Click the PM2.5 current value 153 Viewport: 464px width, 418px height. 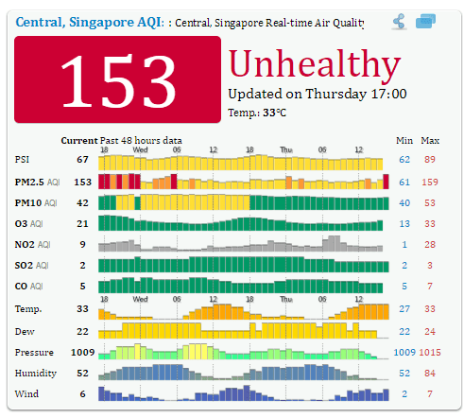[x=82, y=181]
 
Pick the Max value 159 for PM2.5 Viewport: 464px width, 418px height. [x=431, y=181]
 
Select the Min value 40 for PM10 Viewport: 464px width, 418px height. [x=404, y=202]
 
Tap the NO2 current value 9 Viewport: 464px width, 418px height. [x=83, y=246]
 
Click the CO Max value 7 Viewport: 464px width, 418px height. [x=430, y=287]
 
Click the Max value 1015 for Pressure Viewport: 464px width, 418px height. [x=431, y=351]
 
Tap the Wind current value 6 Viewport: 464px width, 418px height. [x=83, y=394]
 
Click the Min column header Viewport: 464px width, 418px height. [x=404, y=140]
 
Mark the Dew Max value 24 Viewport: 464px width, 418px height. [x=430, y=330]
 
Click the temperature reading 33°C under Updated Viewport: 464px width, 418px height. [x=275, y=112]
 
